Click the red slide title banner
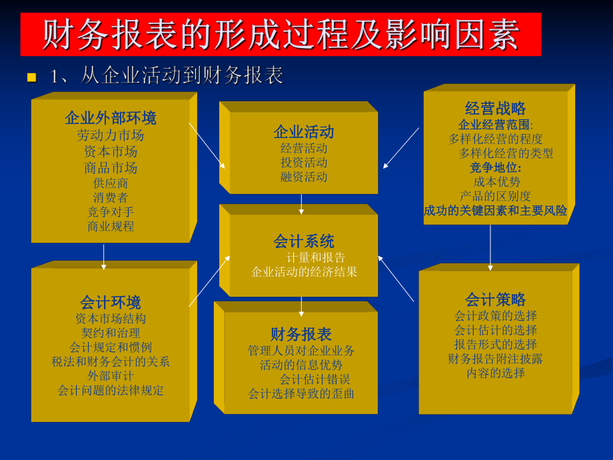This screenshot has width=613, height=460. point(281,34)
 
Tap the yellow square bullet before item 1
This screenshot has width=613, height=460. point(31,77)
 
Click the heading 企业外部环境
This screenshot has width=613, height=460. point(111,119)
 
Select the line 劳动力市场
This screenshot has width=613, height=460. point(111,135)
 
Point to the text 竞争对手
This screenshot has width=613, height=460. point(111,212)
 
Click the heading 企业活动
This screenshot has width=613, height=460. point(304,131)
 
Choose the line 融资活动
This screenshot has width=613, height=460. point(304,177)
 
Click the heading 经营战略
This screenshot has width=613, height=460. point(496,108)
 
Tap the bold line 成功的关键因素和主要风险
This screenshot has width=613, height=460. point(496,211)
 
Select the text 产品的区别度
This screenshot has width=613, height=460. point(496,196)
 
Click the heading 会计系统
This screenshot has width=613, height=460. point(304,241)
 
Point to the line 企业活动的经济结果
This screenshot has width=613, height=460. point(304,272)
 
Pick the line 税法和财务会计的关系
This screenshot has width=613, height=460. point(111,361)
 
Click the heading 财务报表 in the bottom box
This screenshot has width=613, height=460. point(301,334)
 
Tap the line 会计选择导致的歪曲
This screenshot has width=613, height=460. point(301,393)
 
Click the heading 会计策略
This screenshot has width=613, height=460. point(496,299)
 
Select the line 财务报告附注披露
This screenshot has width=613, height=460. point(496,359)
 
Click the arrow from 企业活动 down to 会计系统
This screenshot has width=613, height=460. point(301,203)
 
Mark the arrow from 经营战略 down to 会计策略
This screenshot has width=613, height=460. point(490,247)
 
